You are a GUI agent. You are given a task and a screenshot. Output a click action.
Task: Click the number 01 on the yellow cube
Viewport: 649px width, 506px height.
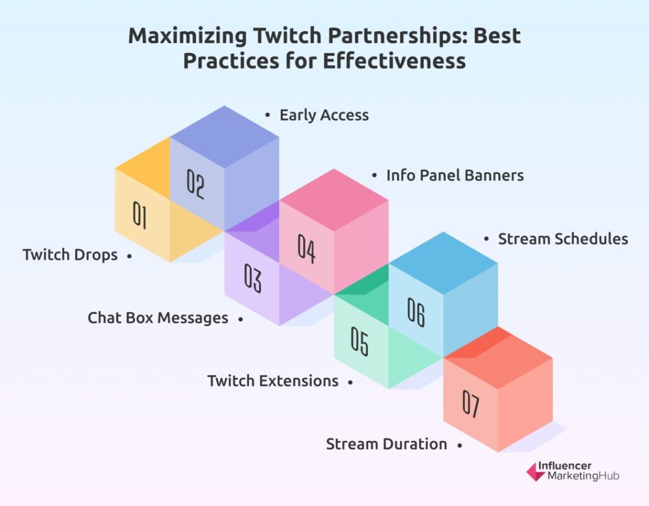pyautogui.click(x=139, y=215)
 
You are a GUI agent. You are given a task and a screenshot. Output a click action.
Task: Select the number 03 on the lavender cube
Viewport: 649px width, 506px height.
pyautogui.click(x=252, y=279)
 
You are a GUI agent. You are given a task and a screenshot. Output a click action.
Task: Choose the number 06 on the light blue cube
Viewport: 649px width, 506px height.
pyautogui.click(x=416, y=312)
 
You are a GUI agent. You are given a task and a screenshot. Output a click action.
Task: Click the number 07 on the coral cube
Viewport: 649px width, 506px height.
pyautogui.click(x=470, y=405)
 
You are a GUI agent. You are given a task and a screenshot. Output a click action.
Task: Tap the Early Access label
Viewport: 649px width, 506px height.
pyautogui.click(x=324, y=115)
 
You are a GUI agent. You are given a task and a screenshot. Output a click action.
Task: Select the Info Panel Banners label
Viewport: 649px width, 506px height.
pyautogui.click(x=455, y=175)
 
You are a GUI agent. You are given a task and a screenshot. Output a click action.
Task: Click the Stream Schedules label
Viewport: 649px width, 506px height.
pyautogui.click(x=562, y=239)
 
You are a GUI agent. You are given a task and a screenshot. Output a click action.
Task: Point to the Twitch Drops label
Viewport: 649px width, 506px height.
pyautogui.click(x=70, y=255)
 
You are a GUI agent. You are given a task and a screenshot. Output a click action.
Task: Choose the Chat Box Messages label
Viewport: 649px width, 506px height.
pyautogui.click(x=158, y=318)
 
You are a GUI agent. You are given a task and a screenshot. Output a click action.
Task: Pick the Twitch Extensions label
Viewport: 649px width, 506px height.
pyautogui.click(x=273, y=380)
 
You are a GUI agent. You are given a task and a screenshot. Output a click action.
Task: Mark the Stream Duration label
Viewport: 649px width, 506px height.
pyautogui.click(x=386, y=444)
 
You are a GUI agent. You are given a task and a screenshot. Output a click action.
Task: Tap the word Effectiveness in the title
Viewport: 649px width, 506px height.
pyautogui.click(x=394, y=60)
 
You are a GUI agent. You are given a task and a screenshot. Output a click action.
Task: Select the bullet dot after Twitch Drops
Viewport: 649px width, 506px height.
pyautogui.click(x=130, y=256)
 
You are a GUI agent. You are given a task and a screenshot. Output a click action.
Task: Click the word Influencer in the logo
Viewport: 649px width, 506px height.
pyautogui.click(x=569, y=466)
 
